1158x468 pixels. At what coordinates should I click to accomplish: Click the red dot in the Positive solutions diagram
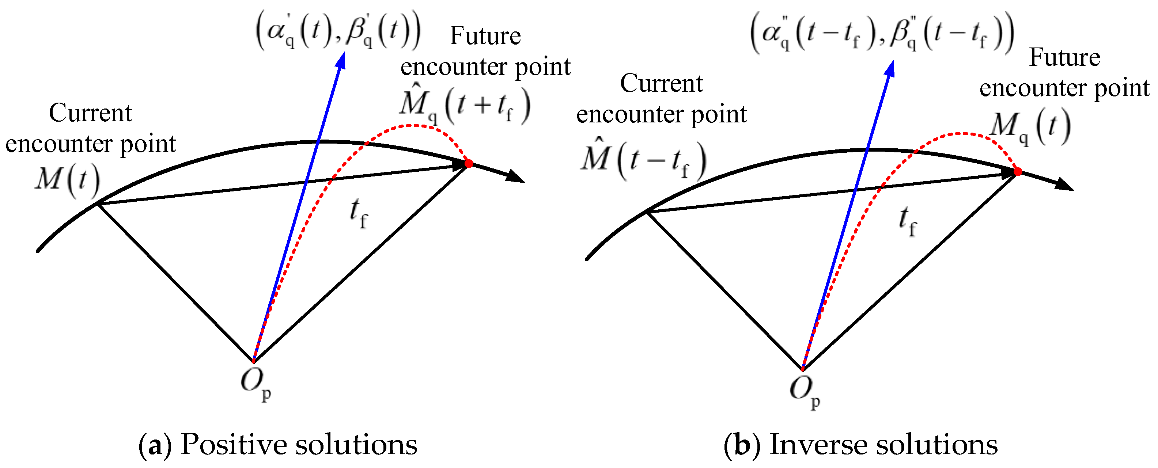pos(468,163)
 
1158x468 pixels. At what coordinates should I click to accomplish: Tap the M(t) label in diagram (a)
pos(67,181)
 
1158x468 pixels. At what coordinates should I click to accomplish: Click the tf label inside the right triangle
pos(907,221)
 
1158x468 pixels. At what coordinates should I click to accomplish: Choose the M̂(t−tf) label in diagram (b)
pos(643,160)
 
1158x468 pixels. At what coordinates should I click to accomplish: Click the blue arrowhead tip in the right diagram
pos(892,62)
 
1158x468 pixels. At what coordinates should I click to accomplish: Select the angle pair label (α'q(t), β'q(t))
pos(338,31)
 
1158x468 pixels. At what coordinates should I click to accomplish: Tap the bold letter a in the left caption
pos(155,446)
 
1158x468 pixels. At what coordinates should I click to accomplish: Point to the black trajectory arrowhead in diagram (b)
pos(1066,185)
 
